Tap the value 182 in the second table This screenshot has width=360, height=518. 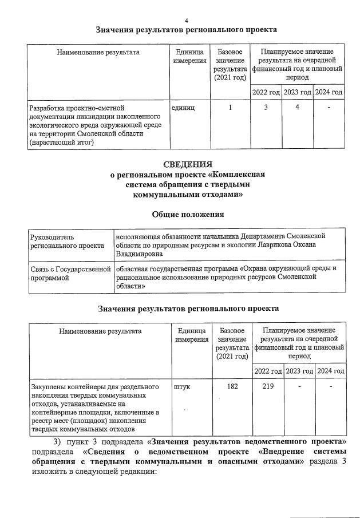232,386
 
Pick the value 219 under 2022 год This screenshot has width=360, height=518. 267,386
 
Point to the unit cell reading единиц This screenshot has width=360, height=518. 183,107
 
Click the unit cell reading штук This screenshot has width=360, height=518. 181,386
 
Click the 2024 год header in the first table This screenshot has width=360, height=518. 329,92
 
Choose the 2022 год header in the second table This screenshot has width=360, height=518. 267,371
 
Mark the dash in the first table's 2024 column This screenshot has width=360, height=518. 329,107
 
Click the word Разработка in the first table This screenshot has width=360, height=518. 49,107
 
